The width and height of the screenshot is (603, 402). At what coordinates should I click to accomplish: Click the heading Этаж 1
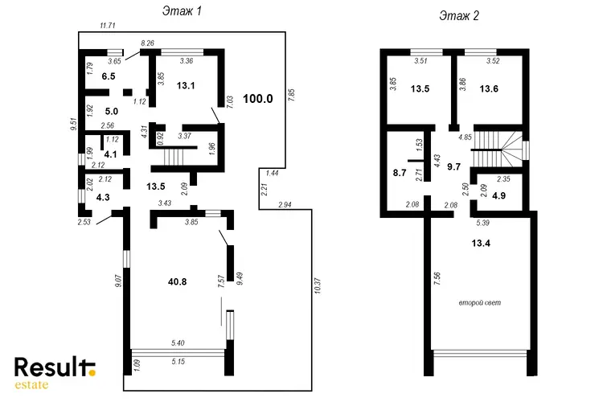182,11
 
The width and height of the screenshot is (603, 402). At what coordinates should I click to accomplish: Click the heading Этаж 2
459,16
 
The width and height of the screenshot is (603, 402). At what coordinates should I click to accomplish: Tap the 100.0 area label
258,99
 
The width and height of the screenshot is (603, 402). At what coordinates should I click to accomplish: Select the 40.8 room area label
178,282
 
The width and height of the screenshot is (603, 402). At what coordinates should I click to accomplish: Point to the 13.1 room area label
186,85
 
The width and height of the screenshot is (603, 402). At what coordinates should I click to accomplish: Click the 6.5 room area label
109,76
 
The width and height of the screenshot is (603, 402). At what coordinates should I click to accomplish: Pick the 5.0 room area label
112,112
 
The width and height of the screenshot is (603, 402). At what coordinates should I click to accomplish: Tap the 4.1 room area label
111,154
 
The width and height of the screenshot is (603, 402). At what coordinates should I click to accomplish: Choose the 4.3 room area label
103,197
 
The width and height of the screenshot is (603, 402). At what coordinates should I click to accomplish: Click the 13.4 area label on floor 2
481,243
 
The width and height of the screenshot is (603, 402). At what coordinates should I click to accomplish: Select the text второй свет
480,303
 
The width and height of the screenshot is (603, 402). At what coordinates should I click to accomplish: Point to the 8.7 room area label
400,173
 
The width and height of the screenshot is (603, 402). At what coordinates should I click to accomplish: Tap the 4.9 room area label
498,195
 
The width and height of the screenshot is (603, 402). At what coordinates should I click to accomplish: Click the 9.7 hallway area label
453,166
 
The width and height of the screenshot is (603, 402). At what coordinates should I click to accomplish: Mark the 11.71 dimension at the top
107,26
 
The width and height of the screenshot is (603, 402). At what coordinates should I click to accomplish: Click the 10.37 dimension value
318,286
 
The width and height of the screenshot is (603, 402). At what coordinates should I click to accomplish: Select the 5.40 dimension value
178,343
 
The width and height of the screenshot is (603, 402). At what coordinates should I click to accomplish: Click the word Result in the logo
51,367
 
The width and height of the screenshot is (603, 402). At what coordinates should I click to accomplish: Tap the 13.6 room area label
489,89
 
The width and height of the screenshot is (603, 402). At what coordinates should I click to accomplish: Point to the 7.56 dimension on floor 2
437,278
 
